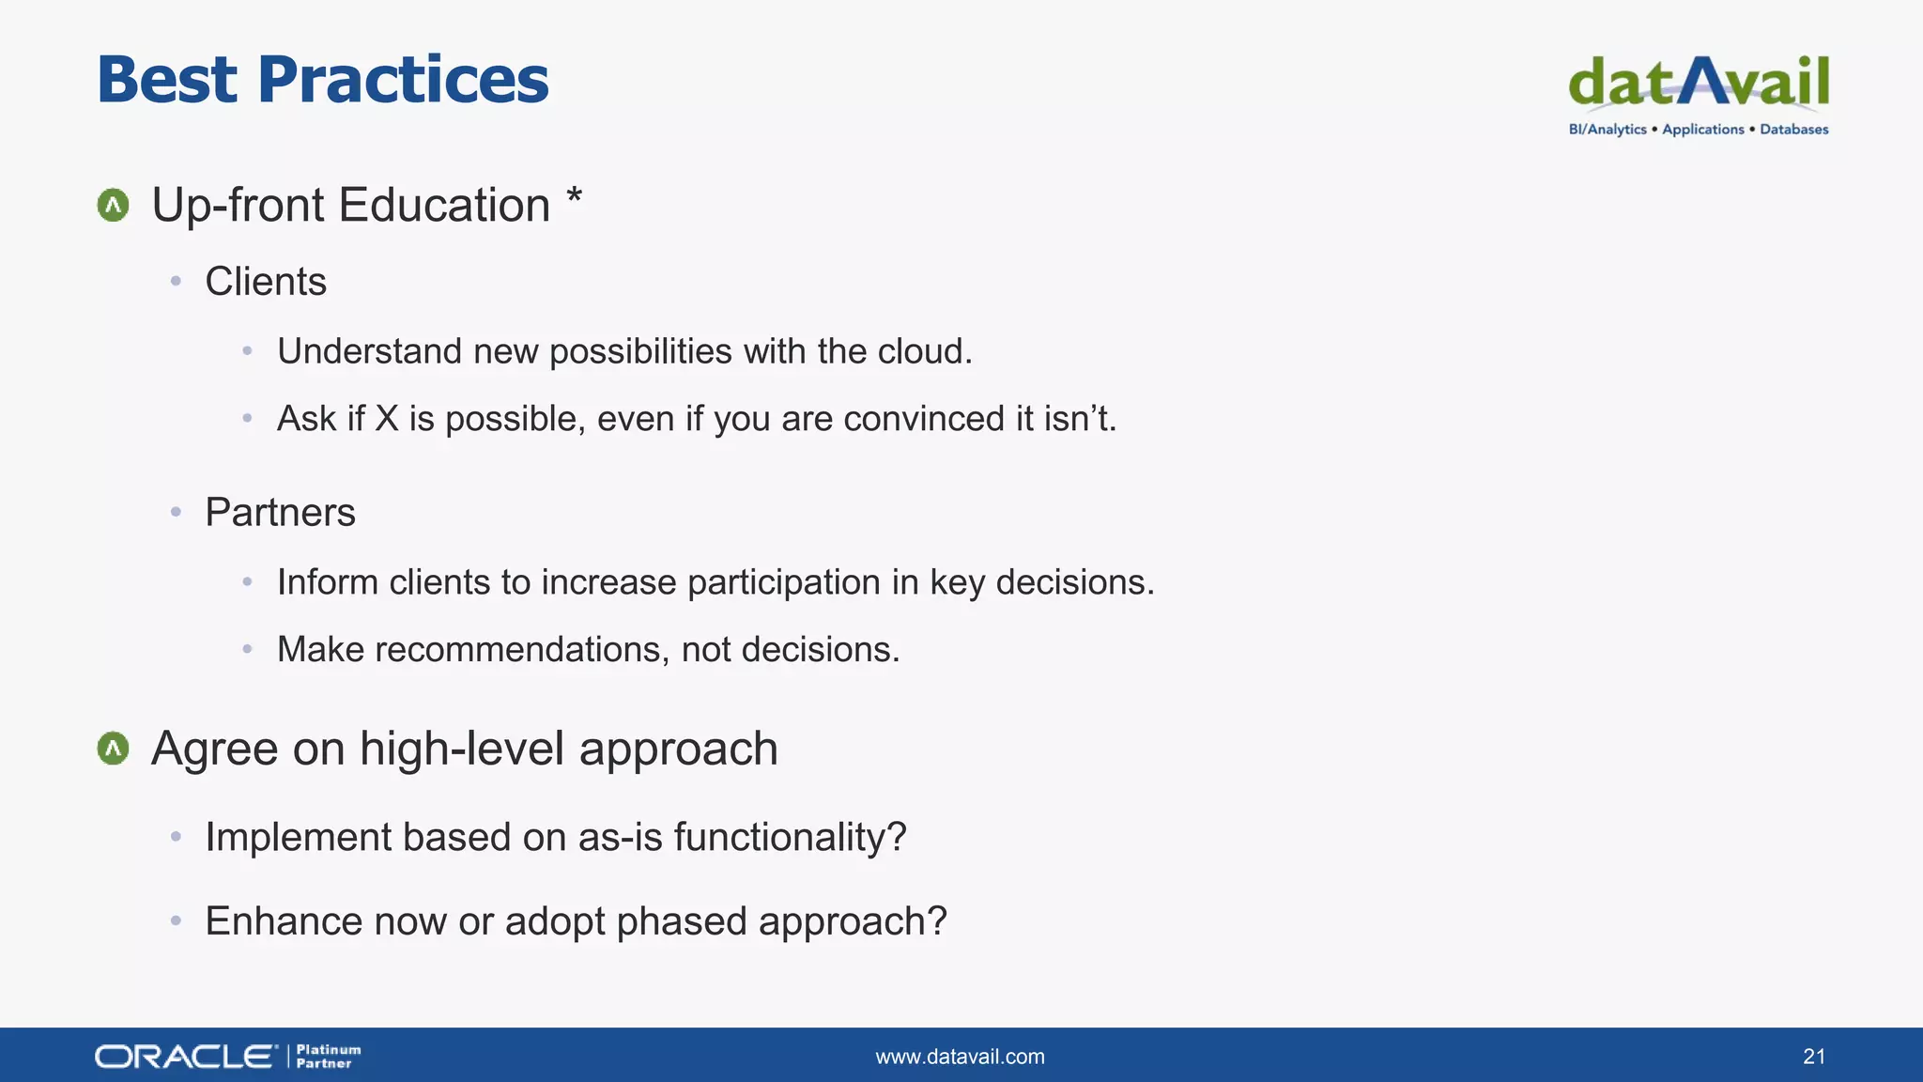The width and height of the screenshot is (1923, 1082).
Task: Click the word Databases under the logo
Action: [1793, 130]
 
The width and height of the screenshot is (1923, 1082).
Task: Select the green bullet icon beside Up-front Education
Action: [113, 205]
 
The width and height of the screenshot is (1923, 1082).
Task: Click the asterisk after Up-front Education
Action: [574, 197]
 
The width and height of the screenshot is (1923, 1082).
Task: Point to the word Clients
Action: [266, 282]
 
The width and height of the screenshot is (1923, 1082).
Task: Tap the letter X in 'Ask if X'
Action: [387, 419]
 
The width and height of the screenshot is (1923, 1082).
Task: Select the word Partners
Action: [280, 513]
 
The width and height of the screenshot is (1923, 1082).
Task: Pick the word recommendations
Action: [522, 650]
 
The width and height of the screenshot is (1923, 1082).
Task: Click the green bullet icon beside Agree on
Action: [113, 749]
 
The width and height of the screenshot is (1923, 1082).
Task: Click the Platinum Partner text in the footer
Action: [328, 1057]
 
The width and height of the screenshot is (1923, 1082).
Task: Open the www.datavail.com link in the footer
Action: [960, 1057]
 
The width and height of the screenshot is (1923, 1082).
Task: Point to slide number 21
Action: [1813, 1057]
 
